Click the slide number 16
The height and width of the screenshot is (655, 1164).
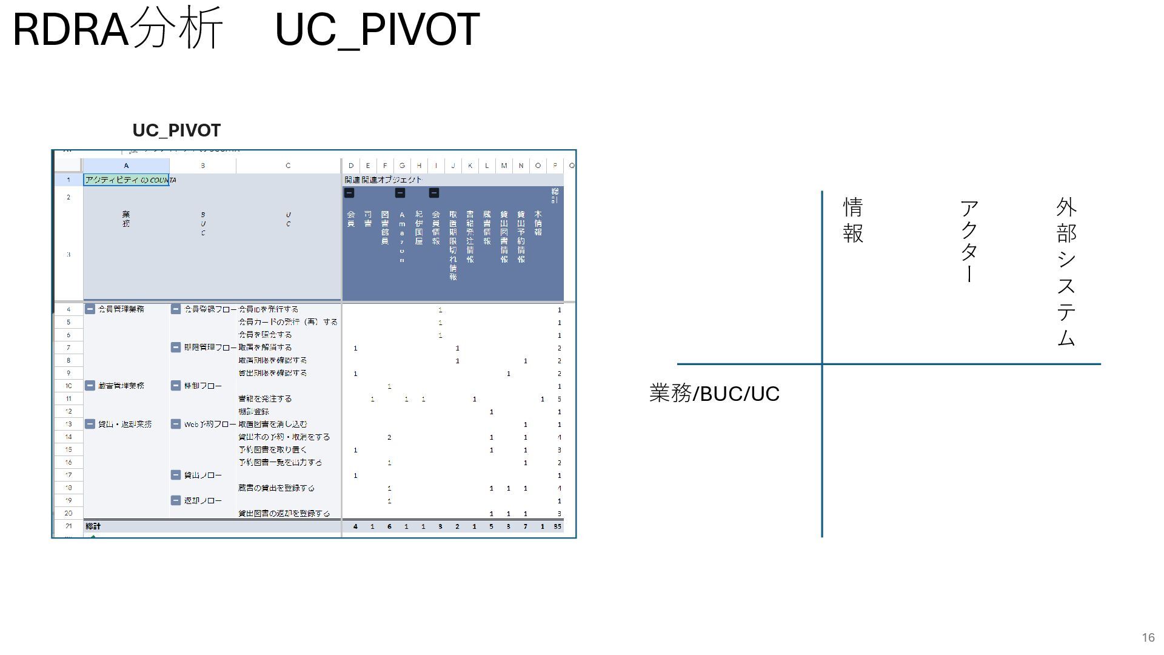coord(1148,637)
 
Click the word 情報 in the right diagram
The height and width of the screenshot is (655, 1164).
coord(853,220)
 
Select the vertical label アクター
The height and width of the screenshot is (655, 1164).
coord(969,241)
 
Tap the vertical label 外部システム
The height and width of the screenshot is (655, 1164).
coord(1066,272)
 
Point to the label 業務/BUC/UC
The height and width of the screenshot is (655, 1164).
coord(714,394)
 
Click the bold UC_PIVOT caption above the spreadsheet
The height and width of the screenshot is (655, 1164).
coord(176,130)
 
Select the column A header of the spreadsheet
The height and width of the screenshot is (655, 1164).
coord(126,166)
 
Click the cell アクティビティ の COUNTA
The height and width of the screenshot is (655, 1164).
coord(126,180)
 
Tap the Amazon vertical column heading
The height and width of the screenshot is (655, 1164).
coord(402,237)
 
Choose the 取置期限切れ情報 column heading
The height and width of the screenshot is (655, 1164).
coord(453,246)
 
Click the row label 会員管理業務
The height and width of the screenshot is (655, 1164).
coord(121,309)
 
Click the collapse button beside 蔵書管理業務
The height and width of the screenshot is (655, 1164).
coord(90,386)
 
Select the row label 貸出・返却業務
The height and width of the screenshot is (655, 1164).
coord(125,425)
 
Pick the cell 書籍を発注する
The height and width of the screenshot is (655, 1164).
coord(265,399)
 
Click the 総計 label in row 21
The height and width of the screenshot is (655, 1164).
coord(93,526)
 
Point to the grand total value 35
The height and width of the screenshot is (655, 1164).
coord(557,526)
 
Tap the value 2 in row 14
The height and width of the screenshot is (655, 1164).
coord(389,437)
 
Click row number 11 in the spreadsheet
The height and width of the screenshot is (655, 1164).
coord(69,399)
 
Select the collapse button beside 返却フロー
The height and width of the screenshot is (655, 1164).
coord(176,501)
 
